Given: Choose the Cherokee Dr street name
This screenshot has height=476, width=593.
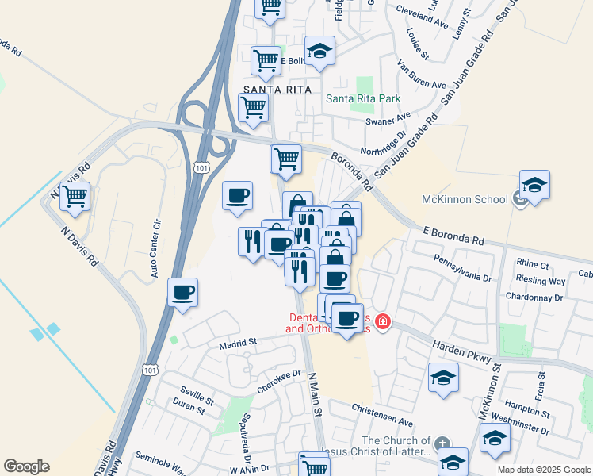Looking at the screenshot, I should (280, 380).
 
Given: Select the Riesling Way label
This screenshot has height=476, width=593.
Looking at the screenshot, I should (541, 281).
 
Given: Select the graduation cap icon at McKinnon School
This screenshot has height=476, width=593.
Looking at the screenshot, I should (534, 185).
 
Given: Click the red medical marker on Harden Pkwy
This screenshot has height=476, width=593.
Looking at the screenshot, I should (383, 322).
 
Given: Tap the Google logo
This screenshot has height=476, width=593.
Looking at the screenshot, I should (26, 466).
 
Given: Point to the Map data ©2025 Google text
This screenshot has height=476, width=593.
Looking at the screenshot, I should (543, 470).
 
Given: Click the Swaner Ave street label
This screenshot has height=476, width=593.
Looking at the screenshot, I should (388, 119).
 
